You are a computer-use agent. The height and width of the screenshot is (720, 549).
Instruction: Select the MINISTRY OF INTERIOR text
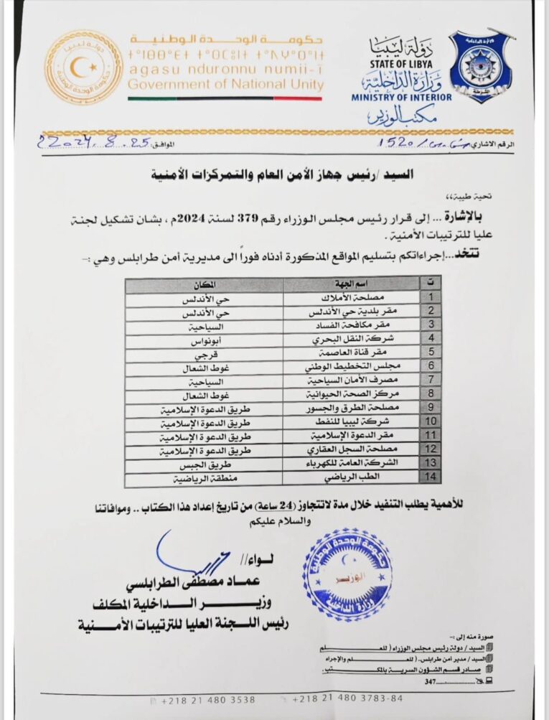[402, 97]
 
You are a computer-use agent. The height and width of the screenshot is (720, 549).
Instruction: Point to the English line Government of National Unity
[225, 85]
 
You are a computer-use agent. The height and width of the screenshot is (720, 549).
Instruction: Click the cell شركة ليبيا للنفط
[349, 421]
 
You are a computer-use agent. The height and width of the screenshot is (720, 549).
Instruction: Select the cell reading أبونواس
[205, 340]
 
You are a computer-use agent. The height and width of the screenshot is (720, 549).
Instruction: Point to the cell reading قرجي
[205, 353]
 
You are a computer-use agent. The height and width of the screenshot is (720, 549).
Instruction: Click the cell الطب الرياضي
[349, 475]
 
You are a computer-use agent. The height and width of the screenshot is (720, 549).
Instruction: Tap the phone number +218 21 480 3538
[208, 698]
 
